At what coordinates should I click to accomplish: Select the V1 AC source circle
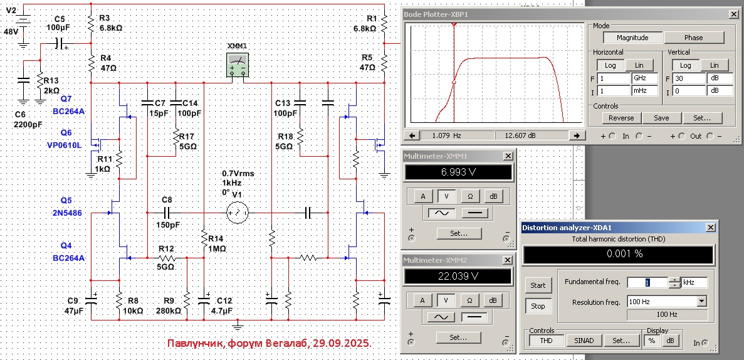pyautogui.click(x=237, y=214)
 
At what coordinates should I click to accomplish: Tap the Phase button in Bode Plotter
pyautogui.click(x=694, y=38)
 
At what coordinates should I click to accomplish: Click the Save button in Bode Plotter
pyautogui.click(x=661, y=118)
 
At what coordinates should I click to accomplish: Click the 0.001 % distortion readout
pyautogui.click(x=618, y=254)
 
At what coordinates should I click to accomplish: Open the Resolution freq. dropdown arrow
pyautogui.click(x=701, y=302)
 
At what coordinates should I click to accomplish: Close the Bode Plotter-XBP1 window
pyautogui.click(x=733, y=14)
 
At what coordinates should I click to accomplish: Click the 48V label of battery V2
pyautogui.click(x=12, y=31)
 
